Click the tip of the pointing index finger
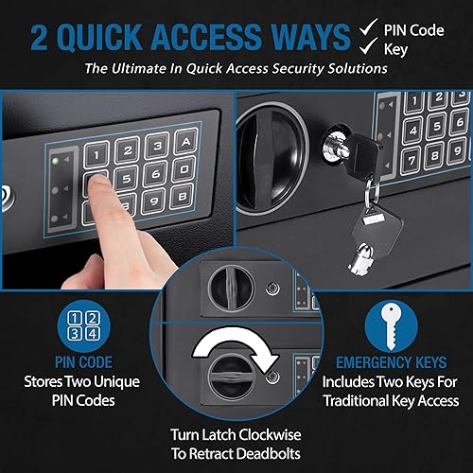tap(93, 182)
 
